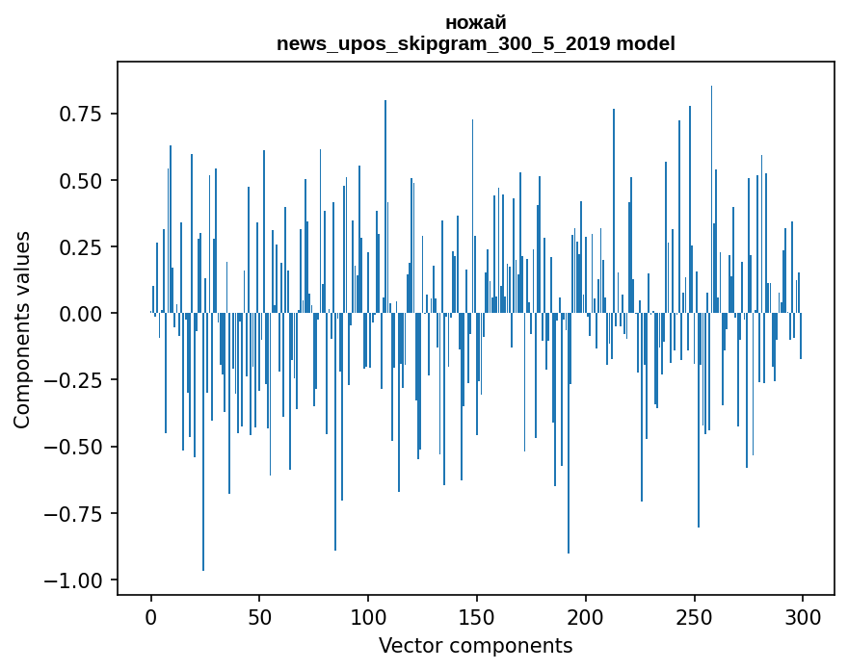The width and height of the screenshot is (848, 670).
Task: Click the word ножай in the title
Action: pyautogui.click(x=475, y=22)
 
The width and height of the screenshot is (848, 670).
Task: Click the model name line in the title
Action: pyautogui.click(x=475, y=43)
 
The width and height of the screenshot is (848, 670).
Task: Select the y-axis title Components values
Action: pyautogui.click(x=22, y=329)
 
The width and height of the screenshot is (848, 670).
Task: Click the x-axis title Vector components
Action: pyautogui.click(x=475, y=645)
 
